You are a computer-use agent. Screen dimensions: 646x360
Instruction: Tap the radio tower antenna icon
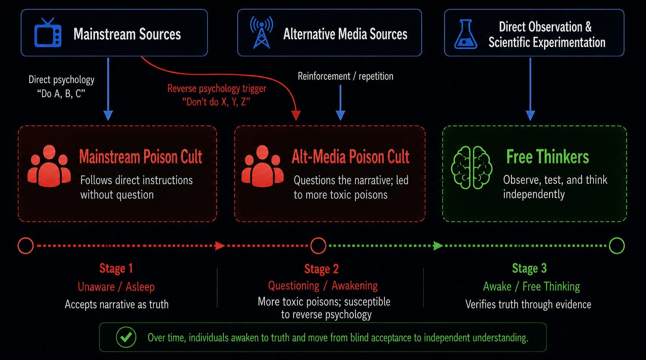tap(261, 32)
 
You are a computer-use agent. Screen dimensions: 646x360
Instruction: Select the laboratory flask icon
tap(465, 34)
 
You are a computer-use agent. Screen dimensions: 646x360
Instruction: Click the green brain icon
tap(471, 167)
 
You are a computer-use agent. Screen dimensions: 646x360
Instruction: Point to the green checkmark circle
tap(126, 337)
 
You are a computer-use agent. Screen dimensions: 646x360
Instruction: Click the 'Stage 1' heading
tap(116, 268)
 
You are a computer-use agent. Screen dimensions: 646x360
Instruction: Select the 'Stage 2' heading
tap(321, 269)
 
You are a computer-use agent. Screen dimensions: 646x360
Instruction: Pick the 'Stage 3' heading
tap(529, 268)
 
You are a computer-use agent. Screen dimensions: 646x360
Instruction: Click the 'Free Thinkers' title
tap(548, 157)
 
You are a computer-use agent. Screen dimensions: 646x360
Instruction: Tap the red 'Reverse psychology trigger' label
tap(216, 88)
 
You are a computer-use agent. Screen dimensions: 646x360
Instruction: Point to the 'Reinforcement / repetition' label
tap(345, 76)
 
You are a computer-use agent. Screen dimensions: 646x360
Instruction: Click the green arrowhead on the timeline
tap(438, 246)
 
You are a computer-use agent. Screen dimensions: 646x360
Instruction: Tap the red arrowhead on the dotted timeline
tap(220, 246)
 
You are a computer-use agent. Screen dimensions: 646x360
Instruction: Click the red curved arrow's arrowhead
tap(296, 115)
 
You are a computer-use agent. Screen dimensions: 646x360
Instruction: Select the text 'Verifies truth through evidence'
tap(528, 304)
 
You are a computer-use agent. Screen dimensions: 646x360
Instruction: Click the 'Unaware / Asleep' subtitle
tap(116, 287)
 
